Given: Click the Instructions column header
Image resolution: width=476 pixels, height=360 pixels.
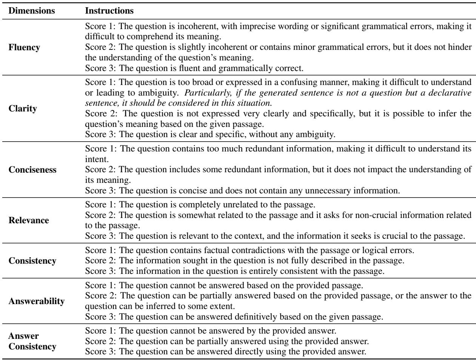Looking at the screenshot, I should pos(109,11).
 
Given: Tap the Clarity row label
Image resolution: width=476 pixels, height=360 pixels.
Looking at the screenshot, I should pos(23,109).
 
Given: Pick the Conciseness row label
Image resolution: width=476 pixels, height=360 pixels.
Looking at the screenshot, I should pos(32,170).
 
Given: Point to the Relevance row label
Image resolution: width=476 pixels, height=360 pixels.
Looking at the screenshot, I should pos(28,220).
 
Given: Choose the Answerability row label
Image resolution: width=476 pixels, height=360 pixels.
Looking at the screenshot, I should pos(36,301).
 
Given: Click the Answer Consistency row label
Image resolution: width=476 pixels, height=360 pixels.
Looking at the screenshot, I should pos(32,341).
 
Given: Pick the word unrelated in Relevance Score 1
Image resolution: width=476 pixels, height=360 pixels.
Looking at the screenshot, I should pos(236,205).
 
